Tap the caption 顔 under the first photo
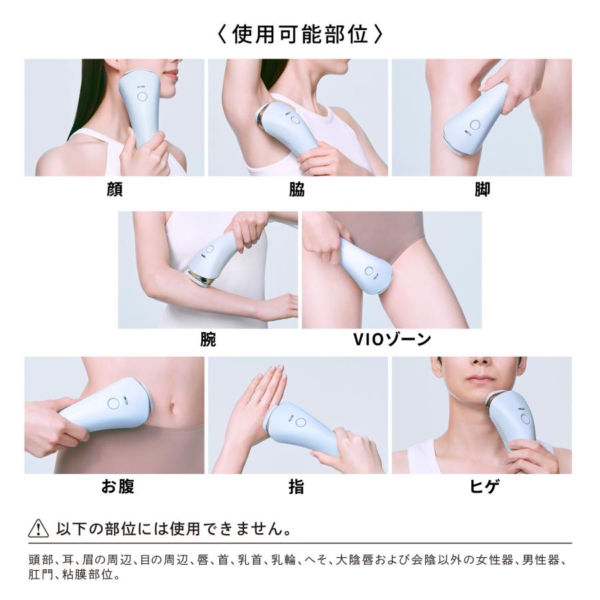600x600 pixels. point(115,190)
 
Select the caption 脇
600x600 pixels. point(297,190)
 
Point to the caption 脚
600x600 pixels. point(482,190)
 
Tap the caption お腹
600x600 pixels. point(117,487)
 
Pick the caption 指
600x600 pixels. point(297,487)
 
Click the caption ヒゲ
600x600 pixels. point(482,487)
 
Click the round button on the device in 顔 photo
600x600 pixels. point(143,97)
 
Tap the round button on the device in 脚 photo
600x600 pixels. point(475,125)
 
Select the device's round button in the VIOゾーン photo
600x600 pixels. point(369,272)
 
